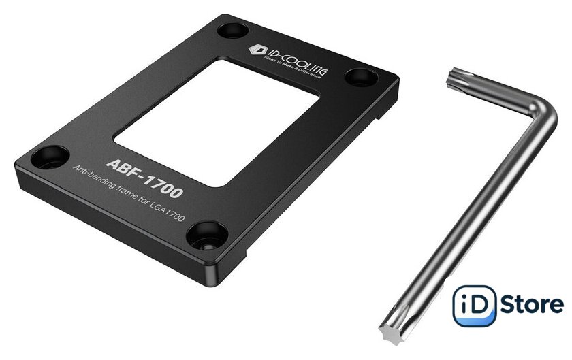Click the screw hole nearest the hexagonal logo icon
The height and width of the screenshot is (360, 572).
[233, 30]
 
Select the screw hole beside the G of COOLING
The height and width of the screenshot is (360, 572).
[361, 78]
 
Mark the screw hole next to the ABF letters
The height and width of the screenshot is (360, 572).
[50, 157]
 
